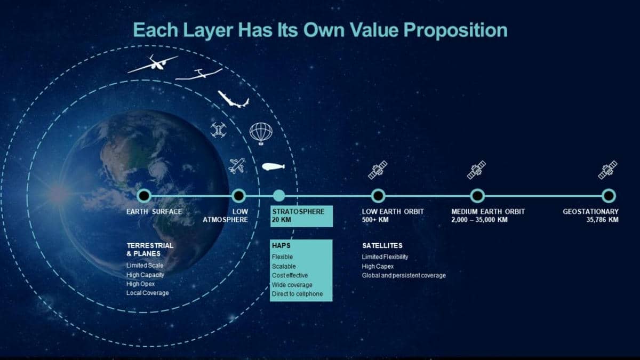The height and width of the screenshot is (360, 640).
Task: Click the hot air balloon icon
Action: [x=261, y=134]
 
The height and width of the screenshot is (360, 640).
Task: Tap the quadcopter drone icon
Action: [x=219, y=130]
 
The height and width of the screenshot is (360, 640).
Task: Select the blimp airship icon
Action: [x=274, y=166]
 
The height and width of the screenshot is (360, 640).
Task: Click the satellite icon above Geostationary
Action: [x=607, y=170]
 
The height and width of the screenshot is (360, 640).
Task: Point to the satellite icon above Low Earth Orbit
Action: [x=378, y=170]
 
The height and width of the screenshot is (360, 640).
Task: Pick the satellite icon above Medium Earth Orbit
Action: [x=476, y=170]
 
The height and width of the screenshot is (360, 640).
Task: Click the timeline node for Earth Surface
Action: [x=144, y=196]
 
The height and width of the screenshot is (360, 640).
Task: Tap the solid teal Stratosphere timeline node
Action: [x=279, y=196]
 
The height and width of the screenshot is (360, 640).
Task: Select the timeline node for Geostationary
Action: [x=609, y=196]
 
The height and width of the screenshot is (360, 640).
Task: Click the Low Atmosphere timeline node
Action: [x=238, y=196]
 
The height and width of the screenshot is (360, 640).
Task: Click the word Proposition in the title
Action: [x=455, y=30]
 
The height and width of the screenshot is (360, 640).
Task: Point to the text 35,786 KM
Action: [x=602, y=220]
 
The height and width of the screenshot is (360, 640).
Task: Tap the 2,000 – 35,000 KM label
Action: [x=479, y=220]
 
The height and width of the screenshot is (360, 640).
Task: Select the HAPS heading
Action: [x=281, y=246]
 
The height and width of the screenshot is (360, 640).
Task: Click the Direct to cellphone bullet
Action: [x=297, y=294]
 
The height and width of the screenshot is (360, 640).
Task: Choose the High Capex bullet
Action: [x=378, y=267]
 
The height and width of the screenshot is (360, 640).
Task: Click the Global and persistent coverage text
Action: [x=404, y=276]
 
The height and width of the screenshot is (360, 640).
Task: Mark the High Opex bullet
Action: [x=140, y=284]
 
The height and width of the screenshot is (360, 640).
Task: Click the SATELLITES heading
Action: [x=382, y=246]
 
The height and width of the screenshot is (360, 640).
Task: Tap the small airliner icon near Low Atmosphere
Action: [x=237, y=166]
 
